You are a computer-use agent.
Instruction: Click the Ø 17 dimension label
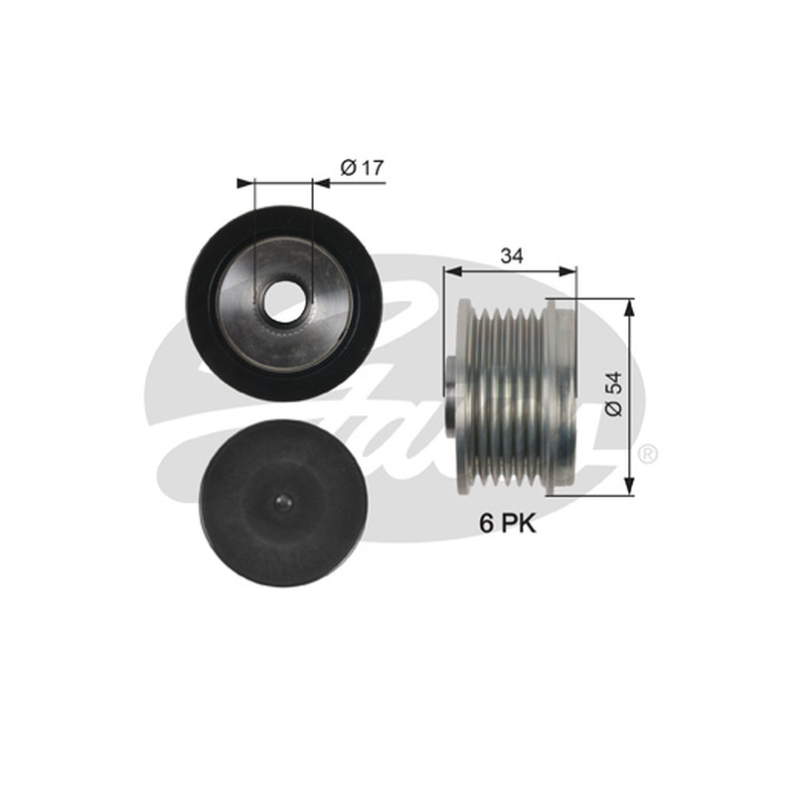pos(363,167)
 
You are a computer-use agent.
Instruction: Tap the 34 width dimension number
pos(512,256)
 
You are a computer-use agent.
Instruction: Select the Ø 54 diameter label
pos(613,394)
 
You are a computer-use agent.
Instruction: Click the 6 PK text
pos(508,524)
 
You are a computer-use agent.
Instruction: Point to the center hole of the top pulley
pos(284,303)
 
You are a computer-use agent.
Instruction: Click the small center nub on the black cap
pos(283,503)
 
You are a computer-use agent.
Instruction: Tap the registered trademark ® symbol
pos(648,453)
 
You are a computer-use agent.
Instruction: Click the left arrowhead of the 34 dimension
pos(453,271)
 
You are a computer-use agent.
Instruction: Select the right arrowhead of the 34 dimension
pos(567,271)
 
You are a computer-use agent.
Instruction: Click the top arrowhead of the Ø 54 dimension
pos(629,308)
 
